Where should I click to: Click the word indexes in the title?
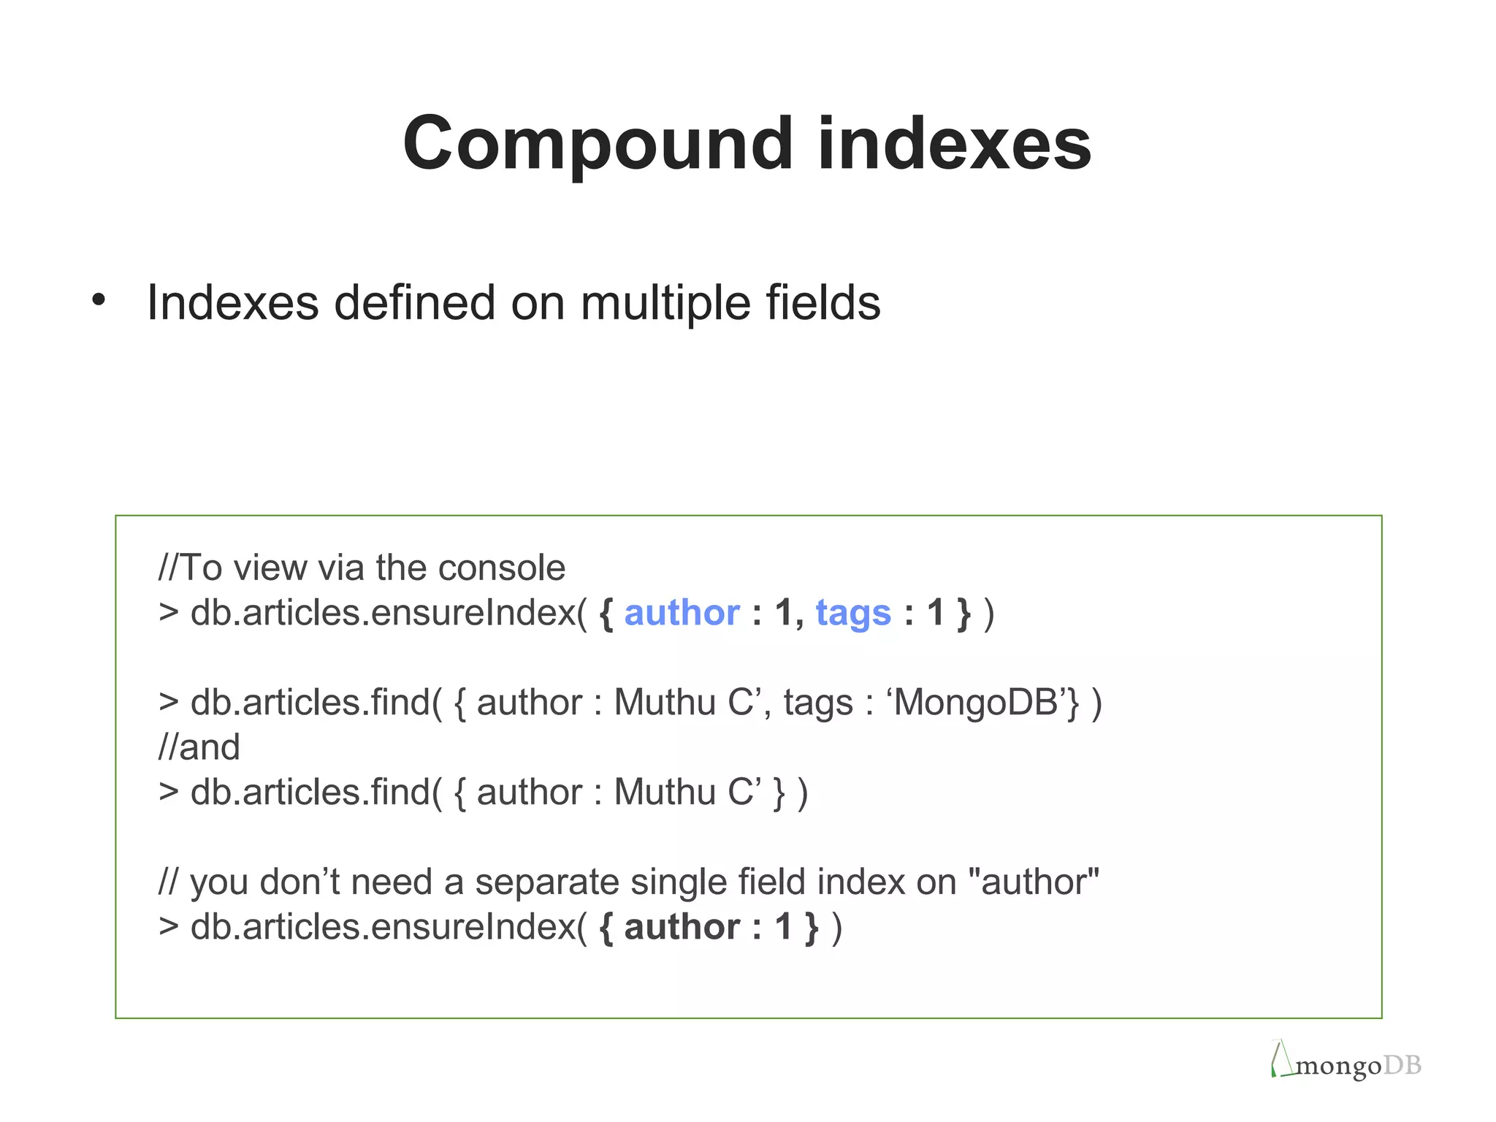953,144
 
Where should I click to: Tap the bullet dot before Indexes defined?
99,299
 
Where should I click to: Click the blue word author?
682,612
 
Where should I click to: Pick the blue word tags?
853,614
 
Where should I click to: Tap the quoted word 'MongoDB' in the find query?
978,703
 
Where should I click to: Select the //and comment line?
199,747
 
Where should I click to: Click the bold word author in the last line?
682,927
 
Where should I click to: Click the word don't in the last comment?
299,882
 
